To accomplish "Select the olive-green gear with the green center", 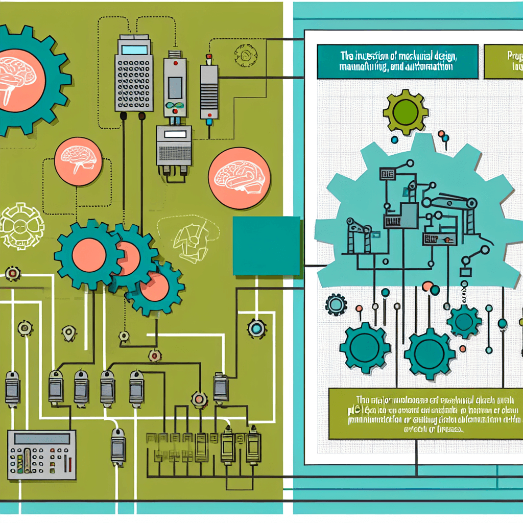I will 406,110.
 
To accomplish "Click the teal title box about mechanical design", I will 397,62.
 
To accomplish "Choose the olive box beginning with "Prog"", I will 503,62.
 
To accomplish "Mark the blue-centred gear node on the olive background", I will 256,328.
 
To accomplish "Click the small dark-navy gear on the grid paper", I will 336,305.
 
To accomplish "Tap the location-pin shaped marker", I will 69,333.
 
